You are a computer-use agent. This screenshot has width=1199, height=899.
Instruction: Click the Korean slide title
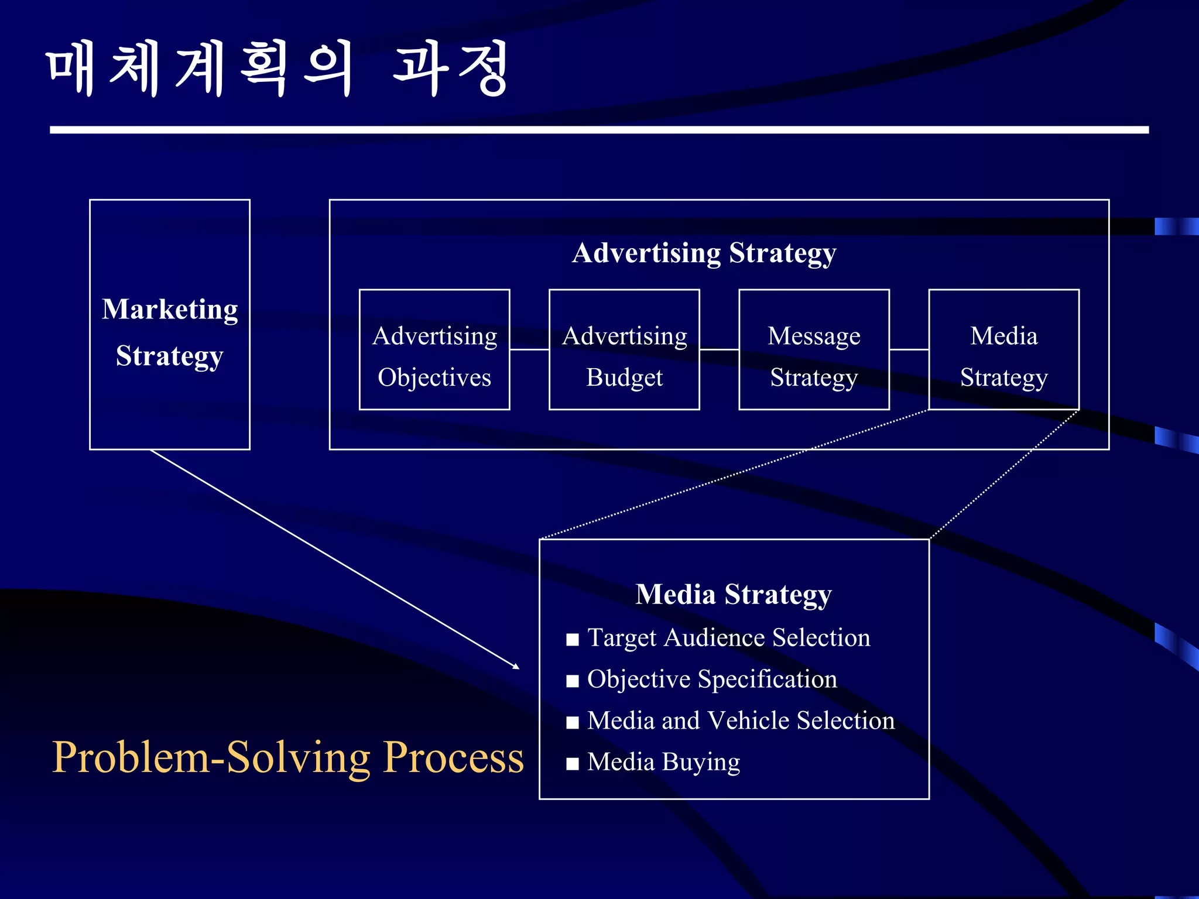pyautogui.click(x=276, y=68)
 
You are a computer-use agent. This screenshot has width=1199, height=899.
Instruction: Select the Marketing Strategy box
pyautogui.click(x=170, y=325)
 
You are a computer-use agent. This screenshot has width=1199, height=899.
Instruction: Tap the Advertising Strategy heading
pyautogui.click(x=704, y=253)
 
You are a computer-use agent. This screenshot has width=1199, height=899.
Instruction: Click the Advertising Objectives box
pyautogui.click(x=434, y=350)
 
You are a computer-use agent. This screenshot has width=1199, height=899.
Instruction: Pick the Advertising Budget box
pyautogui.click(x=624, y=350)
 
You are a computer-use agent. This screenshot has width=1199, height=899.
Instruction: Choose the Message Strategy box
pyautogui.click(x=814, y=350)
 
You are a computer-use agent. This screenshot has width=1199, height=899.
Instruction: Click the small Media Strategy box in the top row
pyautogui.click(x=1003, y=350)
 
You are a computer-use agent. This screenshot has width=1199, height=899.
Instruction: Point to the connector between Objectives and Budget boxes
pyautogui.click(x=529, y=350)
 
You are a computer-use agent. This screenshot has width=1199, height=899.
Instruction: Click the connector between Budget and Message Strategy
pyautogui.click(x=719, y=350)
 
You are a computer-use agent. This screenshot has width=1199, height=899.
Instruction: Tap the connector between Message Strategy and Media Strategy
pyautogui.click(x=909, y=350)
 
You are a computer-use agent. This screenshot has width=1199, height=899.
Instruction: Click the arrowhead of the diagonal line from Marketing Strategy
pyautogui.click(x=516, y=666)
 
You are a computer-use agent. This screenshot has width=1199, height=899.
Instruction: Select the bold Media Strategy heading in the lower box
pyautogui.click(x=734, y=595)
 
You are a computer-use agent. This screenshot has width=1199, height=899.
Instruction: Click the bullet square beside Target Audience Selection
pyautogui.click(x=573, y=639)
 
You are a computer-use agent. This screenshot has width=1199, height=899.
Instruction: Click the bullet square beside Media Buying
pyautogui.click(x=573, y=763)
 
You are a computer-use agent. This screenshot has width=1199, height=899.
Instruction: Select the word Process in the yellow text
pyautogui.click(x=454, y=757)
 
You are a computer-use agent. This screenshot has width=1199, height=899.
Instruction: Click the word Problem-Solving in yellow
pyautogui.click(x=211, y=757)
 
